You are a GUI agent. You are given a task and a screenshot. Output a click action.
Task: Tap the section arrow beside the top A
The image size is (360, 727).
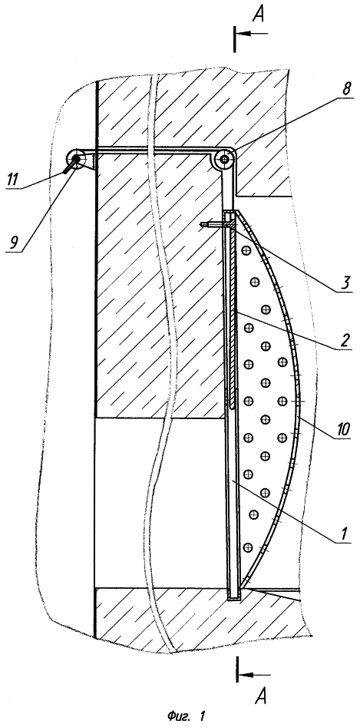251,33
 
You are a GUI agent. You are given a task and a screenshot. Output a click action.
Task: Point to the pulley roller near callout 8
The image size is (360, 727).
225,160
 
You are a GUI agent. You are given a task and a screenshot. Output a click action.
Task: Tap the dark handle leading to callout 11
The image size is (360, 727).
71,166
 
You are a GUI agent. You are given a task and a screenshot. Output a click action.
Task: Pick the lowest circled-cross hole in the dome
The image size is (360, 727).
247,547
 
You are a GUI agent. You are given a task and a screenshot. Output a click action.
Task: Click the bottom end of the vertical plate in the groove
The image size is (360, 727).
234,598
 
